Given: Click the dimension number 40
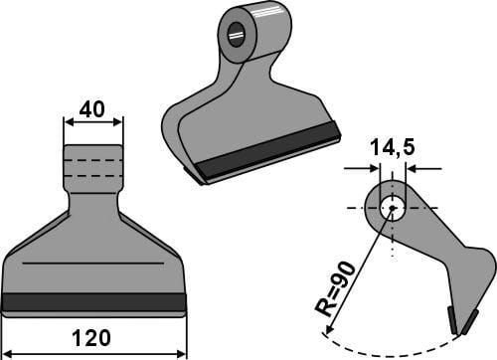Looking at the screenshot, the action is click(92, 109).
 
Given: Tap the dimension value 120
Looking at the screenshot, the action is click(91, 338).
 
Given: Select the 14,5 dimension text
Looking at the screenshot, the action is click(393, 147).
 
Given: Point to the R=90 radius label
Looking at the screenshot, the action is click(335, 289).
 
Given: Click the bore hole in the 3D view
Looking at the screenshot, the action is click(236, 35).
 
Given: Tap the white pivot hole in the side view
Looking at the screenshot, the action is click(393, 208).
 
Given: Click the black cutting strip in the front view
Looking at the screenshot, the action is click(93, 302).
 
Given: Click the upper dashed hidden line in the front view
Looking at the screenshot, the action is click(93, 160).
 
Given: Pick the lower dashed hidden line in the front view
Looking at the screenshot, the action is click(93, 175).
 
